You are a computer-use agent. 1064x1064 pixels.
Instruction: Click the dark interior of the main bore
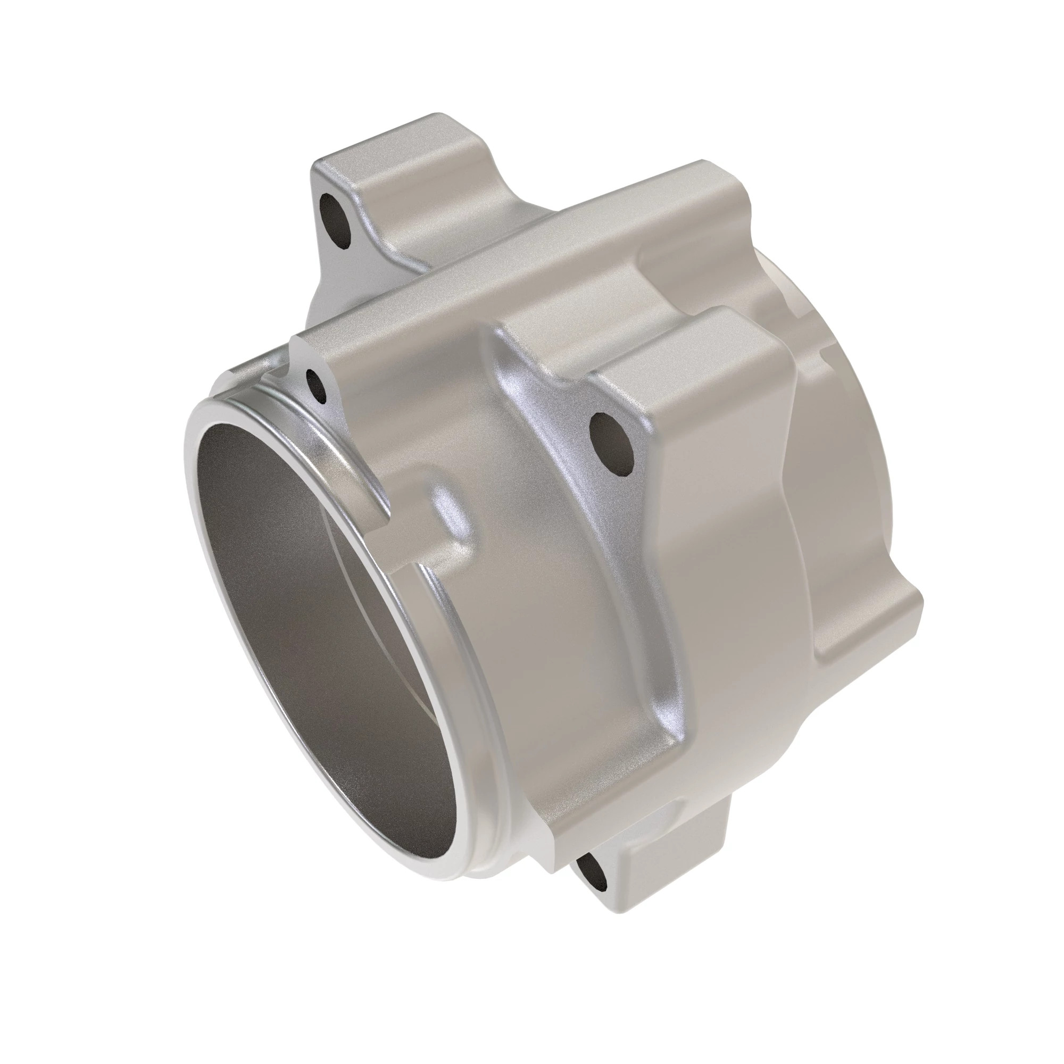pyautogui.click(x=309, y=633)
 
